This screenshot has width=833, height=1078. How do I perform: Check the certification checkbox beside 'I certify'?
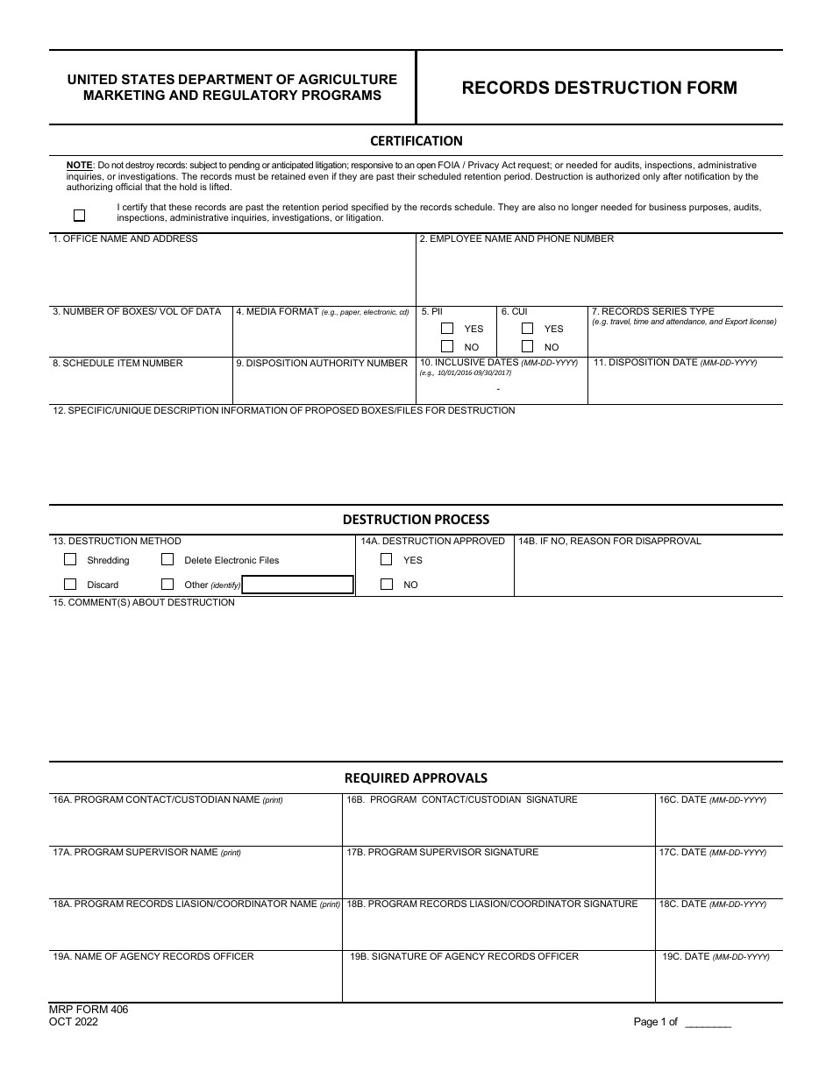[80, 215]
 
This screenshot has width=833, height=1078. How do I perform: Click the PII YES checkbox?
[447, 329]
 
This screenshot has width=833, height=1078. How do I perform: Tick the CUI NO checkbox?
[527, 347]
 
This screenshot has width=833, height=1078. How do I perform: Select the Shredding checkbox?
[70, 560]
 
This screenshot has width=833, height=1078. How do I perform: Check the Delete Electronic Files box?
[167, 560]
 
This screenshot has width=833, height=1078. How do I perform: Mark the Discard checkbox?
[70, 585]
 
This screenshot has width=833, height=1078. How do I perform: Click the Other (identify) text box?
[297, 585]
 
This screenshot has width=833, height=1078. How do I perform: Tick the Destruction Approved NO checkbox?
[386, 585]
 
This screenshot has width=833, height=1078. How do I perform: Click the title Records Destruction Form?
[599, 88]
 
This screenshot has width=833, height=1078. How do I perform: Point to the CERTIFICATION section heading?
[416, 141]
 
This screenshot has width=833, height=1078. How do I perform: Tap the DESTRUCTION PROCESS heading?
[416, 520]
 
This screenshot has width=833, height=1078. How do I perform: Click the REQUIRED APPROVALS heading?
[416, 777]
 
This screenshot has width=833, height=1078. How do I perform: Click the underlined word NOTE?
[80, 165]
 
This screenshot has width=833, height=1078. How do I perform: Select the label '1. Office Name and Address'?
[125, 238]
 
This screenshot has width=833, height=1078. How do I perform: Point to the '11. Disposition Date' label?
[675, 363]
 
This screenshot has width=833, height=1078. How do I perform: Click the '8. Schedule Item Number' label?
[117, 363]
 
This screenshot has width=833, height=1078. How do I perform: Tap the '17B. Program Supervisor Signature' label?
[442, 852]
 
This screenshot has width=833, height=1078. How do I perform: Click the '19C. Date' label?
[716, 956]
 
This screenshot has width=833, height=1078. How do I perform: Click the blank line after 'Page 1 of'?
[707, 1023]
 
